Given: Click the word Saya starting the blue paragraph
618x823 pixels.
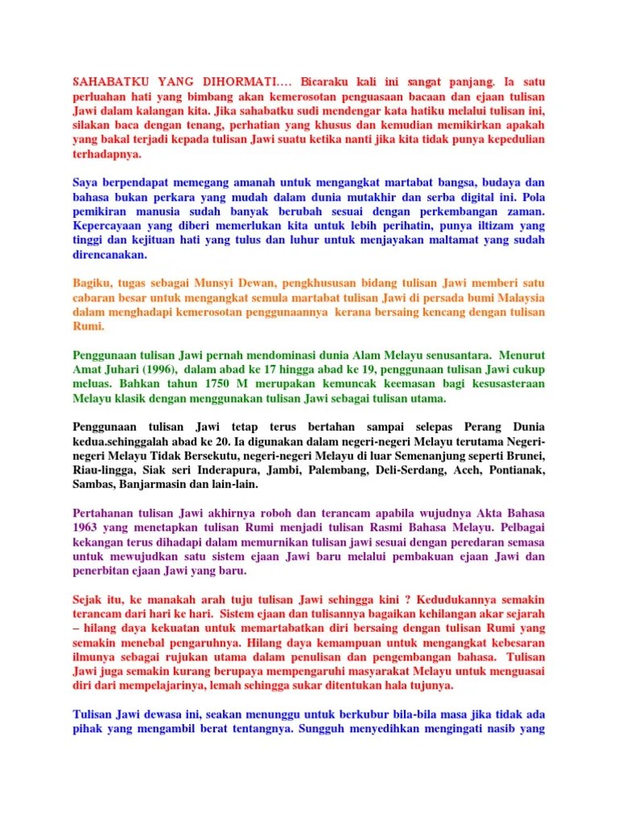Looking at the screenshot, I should coord(87,182).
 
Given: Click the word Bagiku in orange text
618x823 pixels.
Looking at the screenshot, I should coord(92,283).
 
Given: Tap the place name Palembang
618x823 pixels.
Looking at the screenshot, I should coord(339,470).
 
